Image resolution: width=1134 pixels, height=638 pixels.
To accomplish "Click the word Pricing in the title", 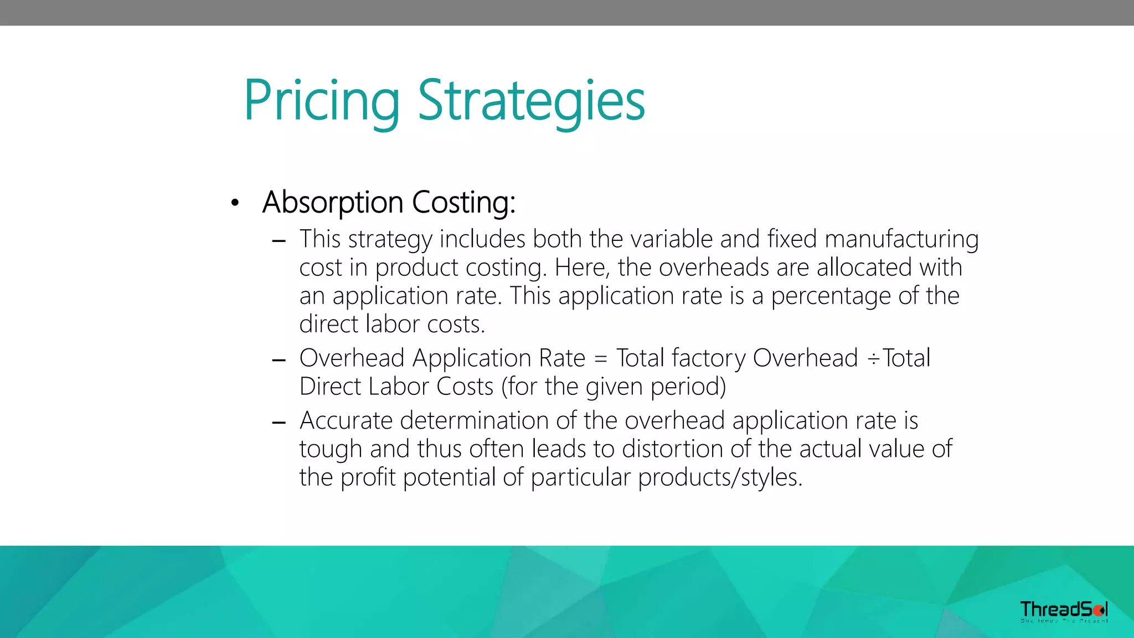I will point(321,101).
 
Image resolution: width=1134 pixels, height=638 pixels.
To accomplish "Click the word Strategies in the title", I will point(531,101).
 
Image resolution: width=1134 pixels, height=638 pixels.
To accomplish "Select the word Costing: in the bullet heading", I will point(463,202).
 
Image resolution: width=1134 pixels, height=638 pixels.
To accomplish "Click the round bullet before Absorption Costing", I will point(235,203).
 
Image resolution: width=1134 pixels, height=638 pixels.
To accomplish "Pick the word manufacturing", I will point(901,239).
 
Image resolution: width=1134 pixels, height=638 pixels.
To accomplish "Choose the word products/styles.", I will point(720,477).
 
